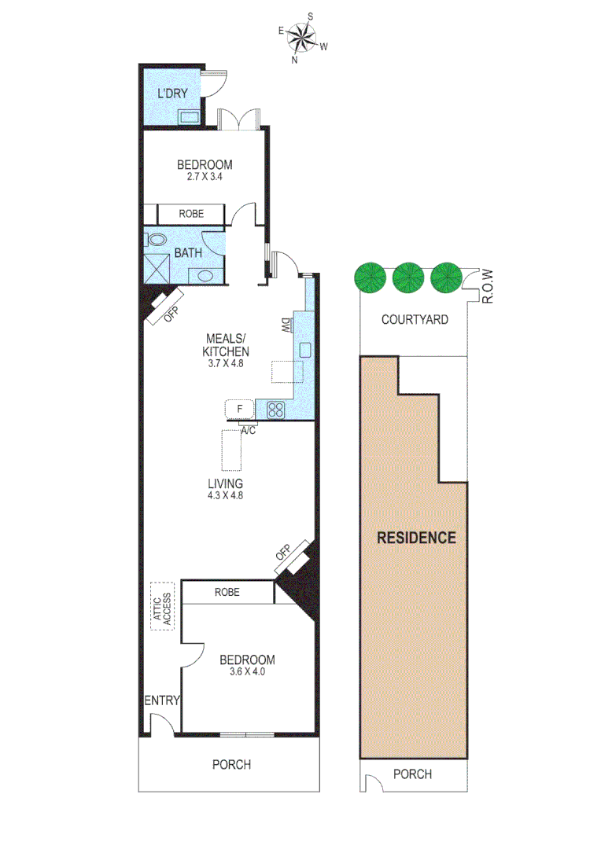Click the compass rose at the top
pos(301,37)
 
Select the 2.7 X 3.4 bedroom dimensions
pos(204,177)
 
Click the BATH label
pos(187,252)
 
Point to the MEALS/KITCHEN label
pos(226,346)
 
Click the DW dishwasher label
pos(284,325)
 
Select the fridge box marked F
pos(239,409)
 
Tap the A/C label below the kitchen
pos(249,430)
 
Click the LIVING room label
pos(225,483)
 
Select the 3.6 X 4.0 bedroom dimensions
pos(246,671)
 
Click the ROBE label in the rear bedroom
pos(191,214)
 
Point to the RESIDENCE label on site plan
pos(416,538)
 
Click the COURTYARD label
pos(415,319)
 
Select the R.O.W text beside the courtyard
pos(488,285)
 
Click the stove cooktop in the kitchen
pos(275,409)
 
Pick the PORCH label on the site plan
pos(412,774)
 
